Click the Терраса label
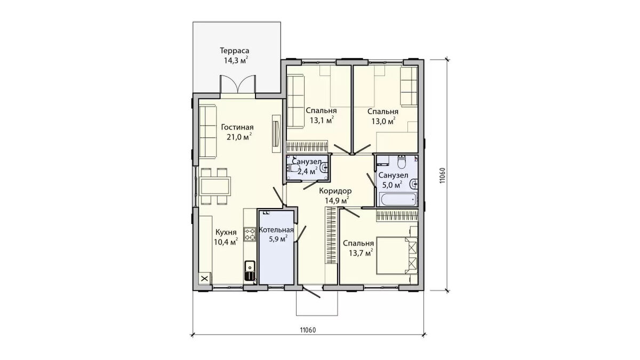[234, 51]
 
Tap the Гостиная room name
[237, 127]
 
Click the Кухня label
[226, 231]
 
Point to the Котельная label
[276, 230]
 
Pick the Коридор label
[335, 190]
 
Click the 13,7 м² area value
[361, 253]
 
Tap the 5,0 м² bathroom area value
[393, 185]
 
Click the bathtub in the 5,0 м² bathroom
[398, 199]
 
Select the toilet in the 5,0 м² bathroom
[402, 162]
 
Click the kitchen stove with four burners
[250, 234]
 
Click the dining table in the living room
[215, 186]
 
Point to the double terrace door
[238, 84]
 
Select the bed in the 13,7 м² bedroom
[397, 255]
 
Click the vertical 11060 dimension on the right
[442, 175]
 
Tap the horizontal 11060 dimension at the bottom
[308, 330]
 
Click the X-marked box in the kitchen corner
[205, 278]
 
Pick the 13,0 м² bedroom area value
[383, 121]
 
